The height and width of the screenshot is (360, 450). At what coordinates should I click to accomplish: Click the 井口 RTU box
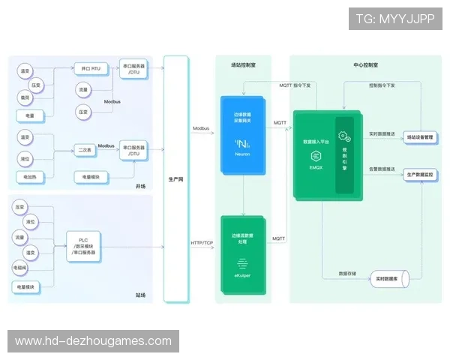click(x=91, y=69)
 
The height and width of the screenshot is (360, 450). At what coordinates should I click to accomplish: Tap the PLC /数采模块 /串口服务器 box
click(x=85, y=245)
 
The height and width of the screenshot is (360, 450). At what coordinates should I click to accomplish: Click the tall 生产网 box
click(x=174, y=179)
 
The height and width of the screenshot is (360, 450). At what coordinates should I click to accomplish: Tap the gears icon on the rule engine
click(x=344, y=136)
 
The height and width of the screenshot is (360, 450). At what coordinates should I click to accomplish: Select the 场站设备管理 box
click(x=419, y=137)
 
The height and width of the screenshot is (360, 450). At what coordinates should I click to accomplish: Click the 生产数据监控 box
click(x=419, y=175)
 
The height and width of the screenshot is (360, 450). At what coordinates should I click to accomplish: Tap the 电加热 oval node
click(x=25, y=177)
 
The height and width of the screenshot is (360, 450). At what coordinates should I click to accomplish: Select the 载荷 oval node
click(x=25, y=97)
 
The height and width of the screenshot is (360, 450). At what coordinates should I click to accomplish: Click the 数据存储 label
click(x=348, y=273)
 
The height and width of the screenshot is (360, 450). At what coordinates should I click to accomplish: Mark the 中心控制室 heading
click(x=365, y=65)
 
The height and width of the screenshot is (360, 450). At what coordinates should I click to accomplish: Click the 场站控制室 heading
click(x=243, y=65)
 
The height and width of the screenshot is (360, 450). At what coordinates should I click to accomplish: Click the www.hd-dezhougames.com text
click(x=93, y=341)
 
